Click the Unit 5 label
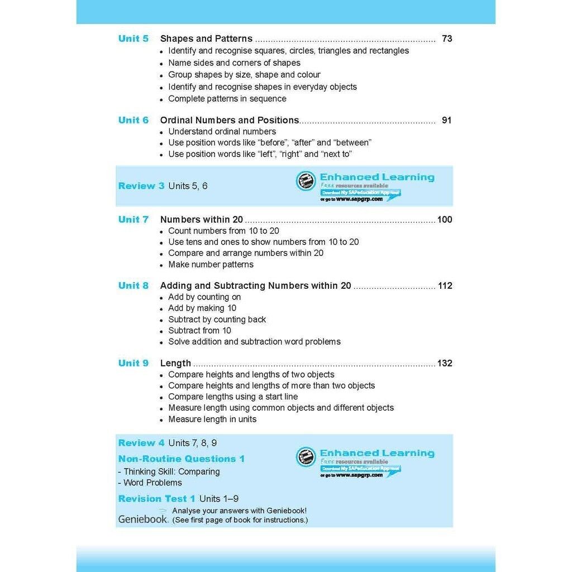[x=134, y=39]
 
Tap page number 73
[x=446, y=39]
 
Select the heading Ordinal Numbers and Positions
[x=230, y=120]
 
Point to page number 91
[x=446, y=120]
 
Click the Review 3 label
[x=141, y=186]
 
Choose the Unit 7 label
[x=134, y=220]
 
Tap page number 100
[x=445, y=220]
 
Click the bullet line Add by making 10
[x=202, y=308]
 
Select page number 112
[x=445, y=285]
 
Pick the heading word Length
[x=175, y=363]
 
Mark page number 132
[x=445, y=363]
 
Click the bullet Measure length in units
[x=212, y=419]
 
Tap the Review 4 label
[x=141, y=443]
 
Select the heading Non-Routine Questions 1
[x=182, y=459]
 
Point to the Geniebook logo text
[x=142, y=519]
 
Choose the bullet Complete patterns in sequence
[x=227, y=99]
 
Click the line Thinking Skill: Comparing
[x=169, y=471]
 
